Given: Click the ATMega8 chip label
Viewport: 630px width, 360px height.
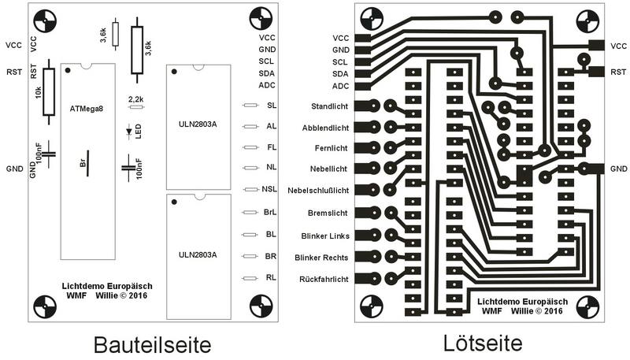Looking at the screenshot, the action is pyautogui.click(x=87, y=109).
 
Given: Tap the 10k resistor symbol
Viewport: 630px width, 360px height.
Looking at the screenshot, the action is pyautogui.click(x=49, y=91).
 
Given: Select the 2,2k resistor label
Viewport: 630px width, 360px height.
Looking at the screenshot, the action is pyautogui.click(x=136, y=98).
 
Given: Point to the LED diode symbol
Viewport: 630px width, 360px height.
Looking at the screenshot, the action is pyautogui.click(x=129, y=132).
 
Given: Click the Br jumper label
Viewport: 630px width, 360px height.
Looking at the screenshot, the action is pyautogui.click(x=83, y=163).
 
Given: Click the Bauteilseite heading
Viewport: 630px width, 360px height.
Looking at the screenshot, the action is pyautogui.click(x=152, y=345).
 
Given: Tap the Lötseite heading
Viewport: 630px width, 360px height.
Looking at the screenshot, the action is pyautogui.click(x=483, y=343).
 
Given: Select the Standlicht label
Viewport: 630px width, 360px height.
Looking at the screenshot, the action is pyautogui.click(x=329, y=106).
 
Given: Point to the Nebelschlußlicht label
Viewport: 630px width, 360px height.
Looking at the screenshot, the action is pyautogui.click(x=318, y=191).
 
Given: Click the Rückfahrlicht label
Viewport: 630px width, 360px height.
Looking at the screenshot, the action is pyautogui.click(x=324, y=279).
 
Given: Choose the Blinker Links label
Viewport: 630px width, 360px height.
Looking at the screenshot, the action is pyautogui.click(x=325, y=236).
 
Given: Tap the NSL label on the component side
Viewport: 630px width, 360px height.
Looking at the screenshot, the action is pyautogui.click(x=269, y=189).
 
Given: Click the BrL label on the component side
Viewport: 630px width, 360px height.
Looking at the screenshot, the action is pyautogui.click(x=270, y=212).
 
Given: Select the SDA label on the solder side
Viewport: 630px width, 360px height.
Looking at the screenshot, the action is pyautogui.click(x=340, y=74).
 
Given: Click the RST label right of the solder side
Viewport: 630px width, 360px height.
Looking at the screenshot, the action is pyautogui.click(x=618, y=72).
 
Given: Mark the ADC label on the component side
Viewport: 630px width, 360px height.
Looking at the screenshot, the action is pyautogui.click(x=267, y=85).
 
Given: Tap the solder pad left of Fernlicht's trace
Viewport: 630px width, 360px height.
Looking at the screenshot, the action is pyautogui.click(x=373, y=148).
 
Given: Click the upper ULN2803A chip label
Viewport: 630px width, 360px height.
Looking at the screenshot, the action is pyautogui.click(x=198, y=124).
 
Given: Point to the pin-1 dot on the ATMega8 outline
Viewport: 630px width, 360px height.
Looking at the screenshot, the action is pyautogui.click(x=68, y=70).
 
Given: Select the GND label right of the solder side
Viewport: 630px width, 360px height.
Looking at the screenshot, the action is pyautogui.click(x=619, y=169).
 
